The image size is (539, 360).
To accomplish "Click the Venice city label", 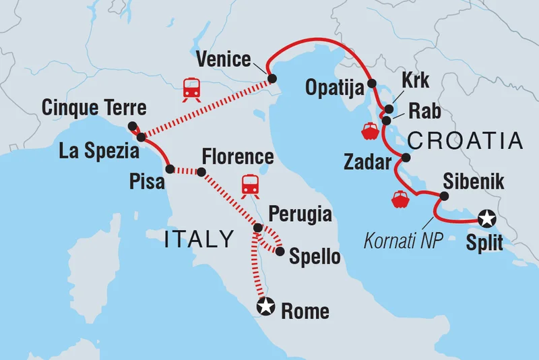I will [x=223, y=59].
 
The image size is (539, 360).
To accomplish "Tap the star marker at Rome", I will [x=267, y=307].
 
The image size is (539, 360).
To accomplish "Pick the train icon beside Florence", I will [x=251, y=183].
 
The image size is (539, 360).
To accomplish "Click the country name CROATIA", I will [x=466, y=141].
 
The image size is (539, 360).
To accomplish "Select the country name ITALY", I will [x=199, y=239].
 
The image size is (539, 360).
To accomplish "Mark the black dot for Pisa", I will [x=170, y=169].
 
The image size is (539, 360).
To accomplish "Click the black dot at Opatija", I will [x=371, y=86].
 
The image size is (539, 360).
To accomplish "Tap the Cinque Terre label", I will [x=94, y=108].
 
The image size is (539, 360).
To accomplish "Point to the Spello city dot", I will [x=279, y=251].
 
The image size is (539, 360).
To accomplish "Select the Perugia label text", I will [x=300, y=215].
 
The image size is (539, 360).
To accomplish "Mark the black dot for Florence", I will [x=200, y=173].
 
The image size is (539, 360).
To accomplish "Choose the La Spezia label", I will [x=98, y=151].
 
